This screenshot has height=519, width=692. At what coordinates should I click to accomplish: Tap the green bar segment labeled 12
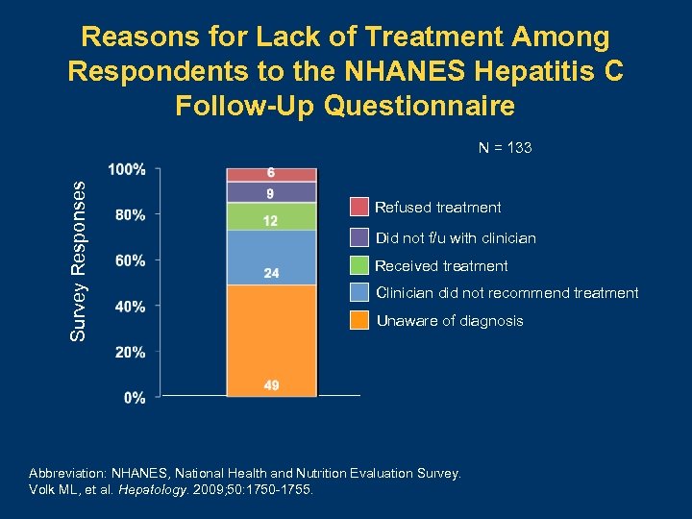coord(272,216)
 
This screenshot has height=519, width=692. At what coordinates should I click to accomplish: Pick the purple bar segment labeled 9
coord(272,192)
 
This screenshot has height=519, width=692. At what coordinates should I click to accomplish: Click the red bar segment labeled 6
coord(272,174)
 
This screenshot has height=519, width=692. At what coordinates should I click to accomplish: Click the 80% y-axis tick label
coord(130,214)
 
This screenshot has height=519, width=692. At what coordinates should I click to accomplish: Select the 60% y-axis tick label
coord(130,260)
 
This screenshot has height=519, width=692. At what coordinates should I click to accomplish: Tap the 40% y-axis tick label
coord(130,307)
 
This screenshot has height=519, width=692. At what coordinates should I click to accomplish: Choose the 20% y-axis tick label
coord(130,352)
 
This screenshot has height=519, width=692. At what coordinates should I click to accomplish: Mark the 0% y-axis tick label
coord(134,397)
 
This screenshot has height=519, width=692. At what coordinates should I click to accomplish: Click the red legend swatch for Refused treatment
coord(358,208)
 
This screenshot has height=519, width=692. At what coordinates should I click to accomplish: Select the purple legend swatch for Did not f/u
coord(358,237)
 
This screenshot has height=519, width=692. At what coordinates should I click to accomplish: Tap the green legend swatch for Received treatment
coord(358,265)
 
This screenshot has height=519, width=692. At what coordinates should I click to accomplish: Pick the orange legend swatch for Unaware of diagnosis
coord(358,321)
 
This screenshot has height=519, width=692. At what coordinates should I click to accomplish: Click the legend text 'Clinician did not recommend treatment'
coord(507,293)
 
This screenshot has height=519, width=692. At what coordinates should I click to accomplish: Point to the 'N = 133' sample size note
coord(506,148)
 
